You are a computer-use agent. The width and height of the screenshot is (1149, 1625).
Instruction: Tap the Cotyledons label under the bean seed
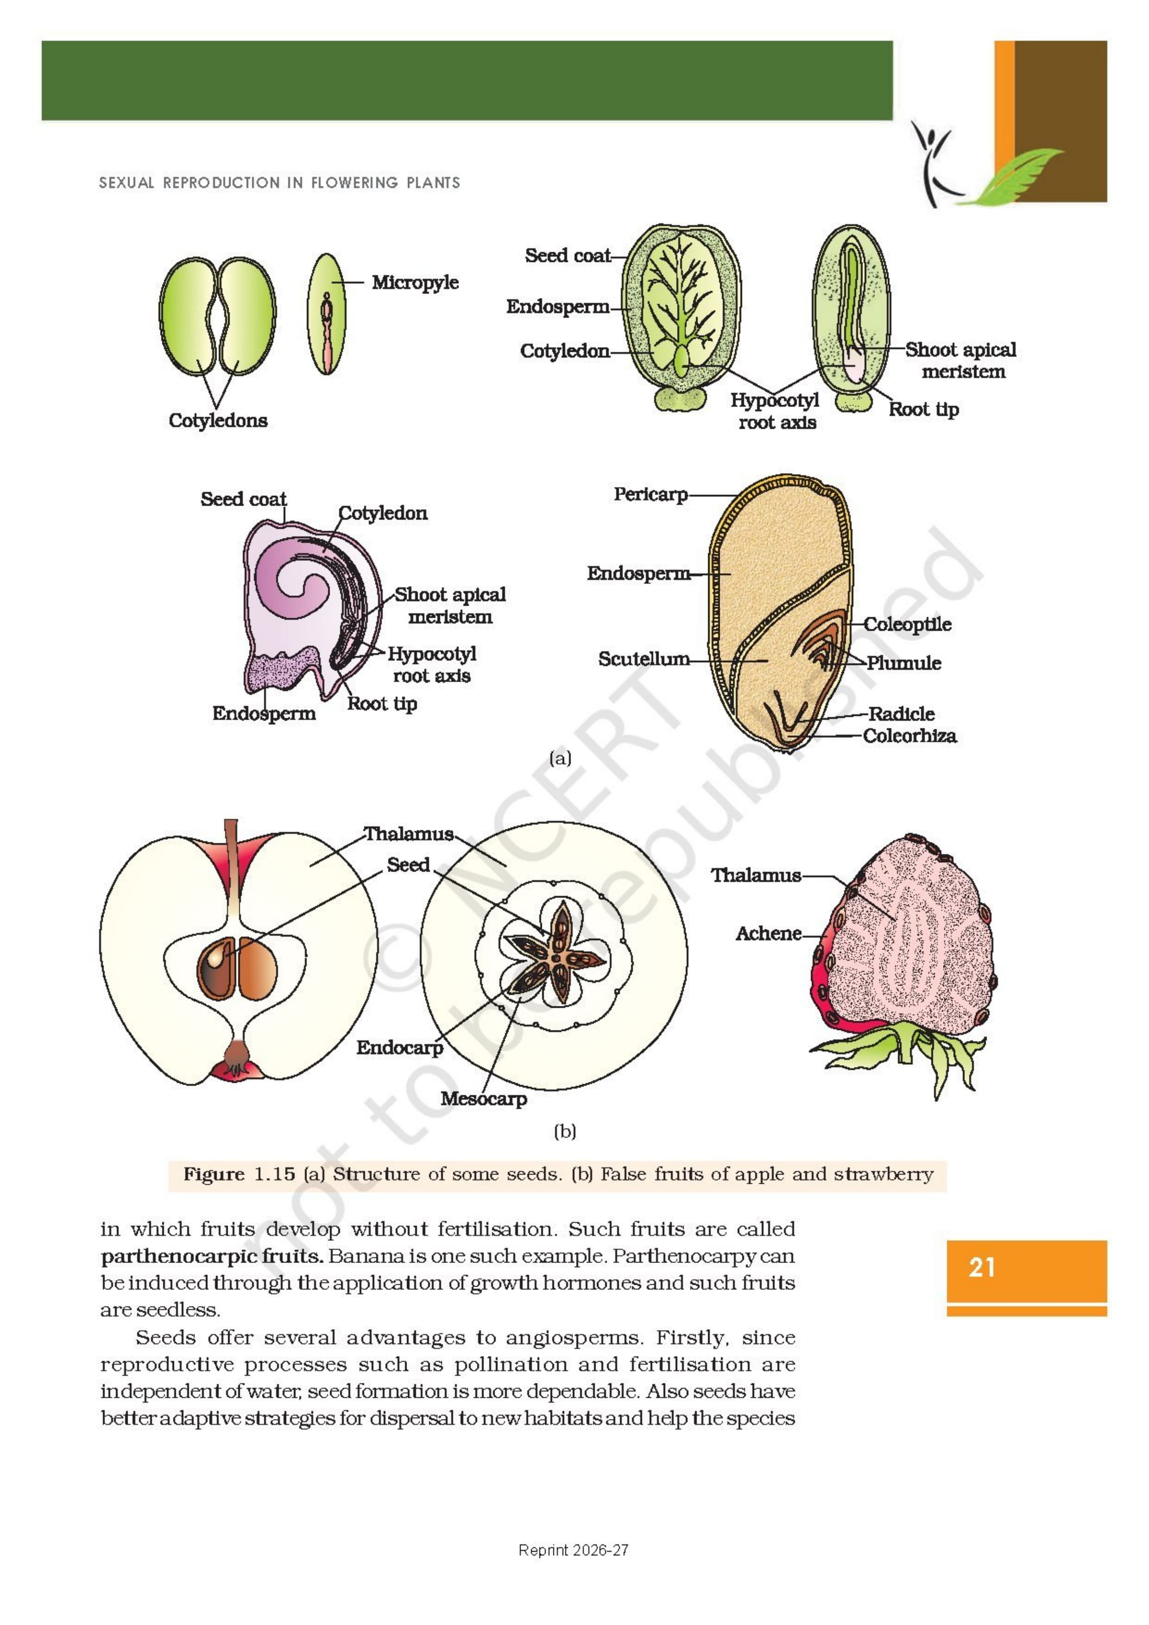tap(218, 420)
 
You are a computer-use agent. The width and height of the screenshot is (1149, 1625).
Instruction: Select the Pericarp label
tap(651, 495)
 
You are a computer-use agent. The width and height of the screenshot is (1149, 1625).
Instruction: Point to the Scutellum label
tap(644, 659)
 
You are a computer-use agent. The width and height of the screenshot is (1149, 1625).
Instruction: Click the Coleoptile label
tap(907, 625)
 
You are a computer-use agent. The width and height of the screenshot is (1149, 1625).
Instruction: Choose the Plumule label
tap(904, 663)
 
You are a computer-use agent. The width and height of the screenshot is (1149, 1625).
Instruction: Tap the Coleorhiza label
tap(910, 736)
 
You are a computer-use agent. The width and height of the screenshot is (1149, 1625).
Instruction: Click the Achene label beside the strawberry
tap(768, 933)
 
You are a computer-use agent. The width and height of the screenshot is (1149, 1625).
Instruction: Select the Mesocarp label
tap(484, 1098)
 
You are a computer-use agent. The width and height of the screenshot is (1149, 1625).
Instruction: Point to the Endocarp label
tap(399, 1047)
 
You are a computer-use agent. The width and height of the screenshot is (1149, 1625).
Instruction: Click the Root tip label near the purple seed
tap(382, 704)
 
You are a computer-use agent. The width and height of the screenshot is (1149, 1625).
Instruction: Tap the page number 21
tap(982, 1267)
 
